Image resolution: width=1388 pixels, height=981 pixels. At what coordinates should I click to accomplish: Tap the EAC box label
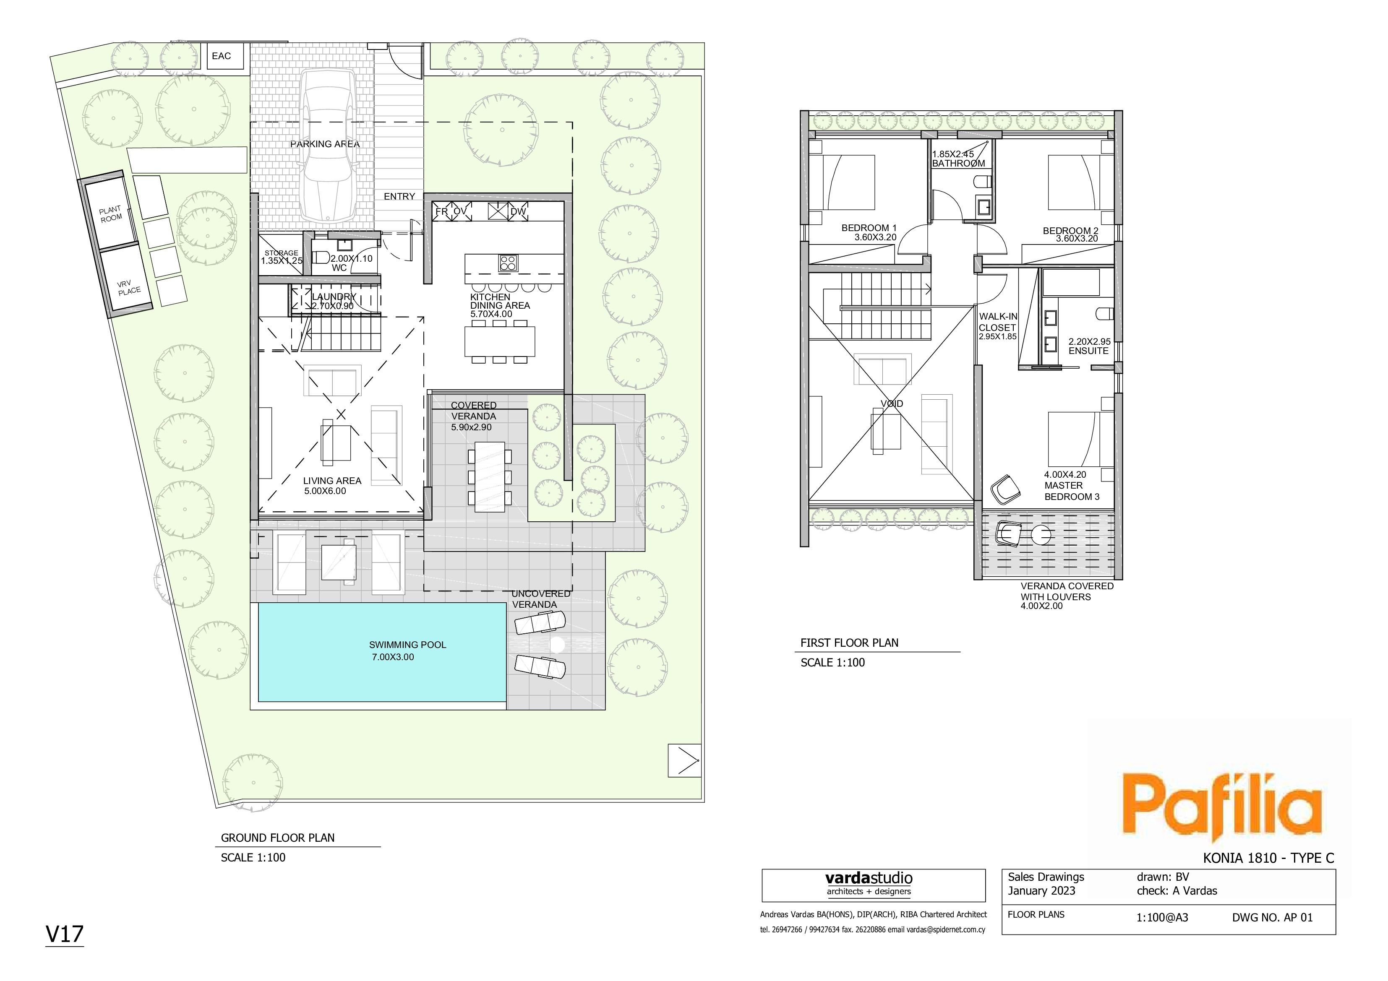221,56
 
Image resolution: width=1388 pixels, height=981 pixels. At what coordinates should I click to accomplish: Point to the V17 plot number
65,934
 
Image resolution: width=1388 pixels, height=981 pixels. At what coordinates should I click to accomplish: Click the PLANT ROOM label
111,214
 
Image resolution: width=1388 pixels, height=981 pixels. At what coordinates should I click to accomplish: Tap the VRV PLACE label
128,288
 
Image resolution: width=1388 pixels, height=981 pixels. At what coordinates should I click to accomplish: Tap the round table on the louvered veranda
1041,536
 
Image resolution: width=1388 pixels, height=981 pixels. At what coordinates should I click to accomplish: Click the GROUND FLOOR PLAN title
277,838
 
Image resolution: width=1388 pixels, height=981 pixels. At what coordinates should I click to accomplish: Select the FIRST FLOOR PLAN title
849,643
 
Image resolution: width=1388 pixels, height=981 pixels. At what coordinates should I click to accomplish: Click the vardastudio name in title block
869,878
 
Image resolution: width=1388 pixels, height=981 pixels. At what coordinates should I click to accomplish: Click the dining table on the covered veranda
490,477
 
